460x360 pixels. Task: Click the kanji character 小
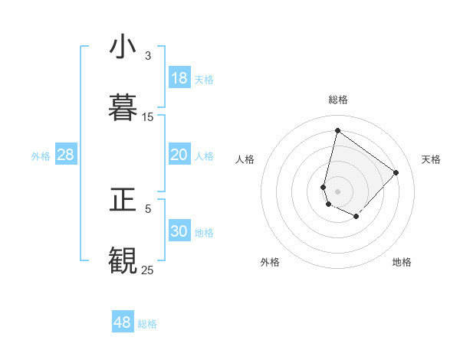[123, 47]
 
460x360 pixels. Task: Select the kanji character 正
[123, 201]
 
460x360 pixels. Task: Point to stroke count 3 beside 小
[148, 56]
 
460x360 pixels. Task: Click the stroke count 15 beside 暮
[148, 117]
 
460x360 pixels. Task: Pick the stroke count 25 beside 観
[148, 270]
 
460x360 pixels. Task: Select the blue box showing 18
[179, 78]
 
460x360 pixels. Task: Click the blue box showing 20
[179, 155]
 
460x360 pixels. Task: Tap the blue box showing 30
[179, 231]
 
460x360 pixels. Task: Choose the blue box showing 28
[66, 155]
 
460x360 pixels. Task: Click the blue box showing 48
[123, 322]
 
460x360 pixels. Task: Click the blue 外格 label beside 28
[41, 156]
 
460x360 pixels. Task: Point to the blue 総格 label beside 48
[147, 324]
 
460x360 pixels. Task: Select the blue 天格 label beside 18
[204, 80]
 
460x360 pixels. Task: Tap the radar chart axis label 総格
[338, 100]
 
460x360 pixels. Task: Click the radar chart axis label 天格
[431, 159]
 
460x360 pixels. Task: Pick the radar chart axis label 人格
[245, 159]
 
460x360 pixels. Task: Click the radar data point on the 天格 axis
[396, 172]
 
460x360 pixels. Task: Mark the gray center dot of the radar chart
[338, 191]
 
